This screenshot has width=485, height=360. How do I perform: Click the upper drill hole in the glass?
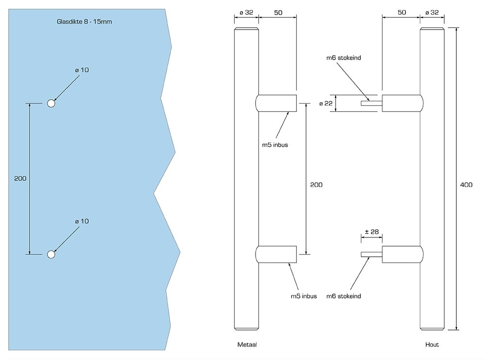[51, 103]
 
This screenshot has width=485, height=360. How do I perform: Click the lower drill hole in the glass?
[51, 254]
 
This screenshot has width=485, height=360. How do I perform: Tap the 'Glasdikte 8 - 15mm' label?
[84, 22]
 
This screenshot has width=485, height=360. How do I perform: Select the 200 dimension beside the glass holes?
[20, 178]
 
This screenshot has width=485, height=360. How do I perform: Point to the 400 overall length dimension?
[466, 185]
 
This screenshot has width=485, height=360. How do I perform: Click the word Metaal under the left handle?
[247, 344]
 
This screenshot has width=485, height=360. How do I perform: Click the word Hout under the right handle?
[432, 344]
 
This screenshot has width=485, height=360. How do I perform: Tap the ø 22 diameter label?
[326, 104]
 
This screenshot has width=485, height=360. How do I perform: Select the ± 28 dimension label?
[372, 232]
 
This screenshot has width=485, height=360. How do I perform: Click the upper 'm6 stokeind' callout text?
[344, 58]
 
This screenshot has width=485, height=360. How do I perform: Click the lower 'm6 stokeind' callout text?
[344, 296]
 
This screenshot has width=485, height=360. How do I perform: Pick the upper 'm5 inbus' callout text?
[275, 145]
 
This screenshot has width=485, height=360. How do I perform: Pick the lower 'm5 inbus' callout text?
[304, 296]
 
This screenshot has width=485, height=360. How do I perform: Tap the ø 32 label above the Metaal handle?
[246, 13]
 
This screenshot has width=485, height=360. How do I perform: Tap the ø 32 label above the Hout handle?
[432, 13]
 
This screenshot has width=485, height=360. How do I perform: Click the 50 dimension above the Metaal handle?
[278, 13]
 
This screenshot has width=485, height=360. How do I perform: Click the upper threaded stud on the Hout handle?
[372, 103]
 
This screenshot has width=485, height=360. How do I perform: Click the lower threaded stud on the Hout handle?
[372, 254]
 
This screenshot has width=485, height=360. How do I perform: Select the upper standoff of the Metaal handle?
[276, 103]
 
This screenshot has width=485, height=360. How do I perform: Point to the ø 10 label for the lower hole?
[82, 221]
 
